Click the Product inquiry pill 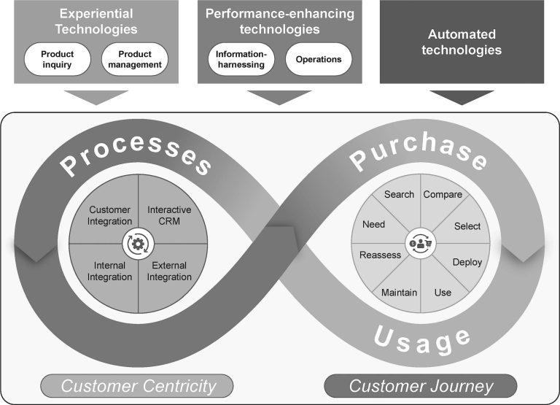point(57,59)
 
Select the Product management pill point(135,59)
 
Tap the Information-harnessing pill point(241,59)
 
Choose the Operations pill point(319,59)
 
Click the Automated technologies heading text point(462,42)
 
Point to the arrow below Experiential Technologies point(96,97)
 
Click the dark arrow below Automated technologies point(462,97)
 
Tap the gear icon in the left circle point(138,244)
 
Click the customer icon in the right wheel point(420,244)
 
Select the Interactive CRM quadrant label point(169,215)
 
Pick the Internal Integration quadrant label point(109,271)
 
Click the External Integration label point(169,271)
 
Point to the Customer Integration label point(109,215)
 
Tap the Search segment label point(399,194)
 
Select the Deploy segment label point(467,263)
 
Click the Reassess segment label point(380,255)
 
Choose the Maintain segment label point(399,293)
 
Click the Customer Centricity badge point(137,386)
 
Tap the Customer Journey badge point(420,386)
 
